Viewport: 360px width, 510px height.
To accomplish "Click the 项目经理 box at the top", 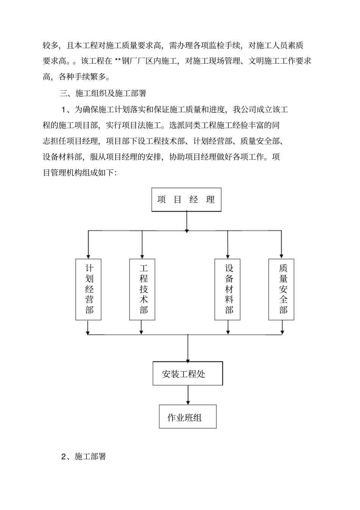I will tap(186, 199).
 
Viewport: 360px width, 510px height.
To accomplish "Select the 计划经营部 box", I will tap(89, 289).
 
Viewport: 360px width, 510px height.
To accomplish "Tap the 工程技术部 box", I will tap(142, 289).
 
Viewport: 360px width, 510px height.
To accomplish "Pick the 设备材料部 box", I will tap(228, 289).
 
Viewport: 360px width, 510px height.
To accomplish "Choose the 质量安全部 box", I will tap(282, 289).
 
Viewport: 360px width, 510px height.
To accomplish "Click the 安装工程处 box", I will tap(188, 373).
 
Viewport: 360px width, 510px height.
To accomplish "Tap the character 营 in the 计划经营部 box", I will tap(89, 300).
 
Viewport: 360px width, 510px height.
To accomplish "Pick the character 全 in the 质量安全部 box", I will tap(283, 300).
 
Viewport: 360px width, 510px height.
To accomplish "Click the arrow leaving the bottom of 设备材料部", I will tap(228, 327).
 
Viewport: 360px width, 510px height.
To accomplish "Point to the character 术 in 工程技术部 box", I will tap(144, 300).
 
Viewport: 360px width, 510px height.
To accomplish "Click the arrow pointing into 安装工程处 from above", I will tap(188, 349).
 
